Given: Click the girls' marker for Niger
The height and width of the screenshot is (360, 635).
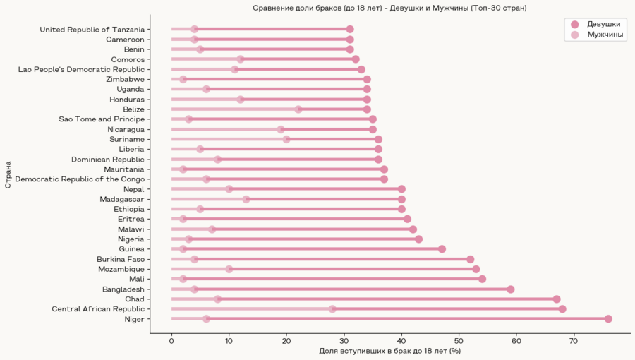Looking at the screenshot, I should click(x=608, y=319).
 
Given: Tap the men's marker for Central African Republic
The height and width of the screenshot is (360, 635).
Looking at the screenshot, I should click(x=332, y=309).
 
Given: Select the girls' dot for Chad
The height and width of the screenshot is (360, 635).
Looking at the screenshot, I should click(x=557, y=299).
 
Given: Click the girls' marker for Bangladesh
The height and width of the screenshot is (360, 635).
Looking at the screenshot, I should click(x=511, y=289).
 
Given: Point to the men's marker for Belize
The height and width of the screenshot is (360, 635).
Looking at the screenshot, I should click(x=298, y=109).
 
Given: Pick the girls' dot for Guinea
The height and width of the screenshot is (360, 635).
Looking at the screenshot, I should click(x=442, y=249).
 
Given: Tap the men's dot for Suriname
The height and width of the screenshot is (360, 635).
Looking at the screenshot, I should click(x=286, y=139).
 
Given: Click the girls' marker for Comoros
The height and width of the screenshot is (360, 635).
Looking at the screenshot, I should click(x=356, y=59).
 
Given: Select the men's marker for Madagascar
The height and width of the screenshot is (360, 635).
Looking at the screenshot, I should click(x=246, y=199).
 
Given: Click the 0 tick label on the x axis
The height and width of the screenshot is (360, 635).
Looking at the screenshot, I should click(x=171, y=341).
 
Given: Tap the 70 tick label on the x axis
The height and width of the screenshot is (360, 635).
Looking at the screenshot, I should click(x=574, y=341).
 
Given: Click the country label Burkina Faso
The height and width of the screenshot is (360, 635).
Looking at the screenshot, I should click(x=121, y=259).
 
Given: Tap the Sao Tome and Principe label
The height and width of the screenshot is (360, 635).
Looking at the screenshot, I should click(x=111, y=119).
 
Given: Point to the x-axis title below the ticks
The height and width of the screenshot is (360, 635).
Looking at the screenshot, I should click(x=389, y=351).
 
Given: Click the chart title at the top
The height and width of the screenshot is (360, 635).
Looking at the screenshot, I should click(x=389, y=8).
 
